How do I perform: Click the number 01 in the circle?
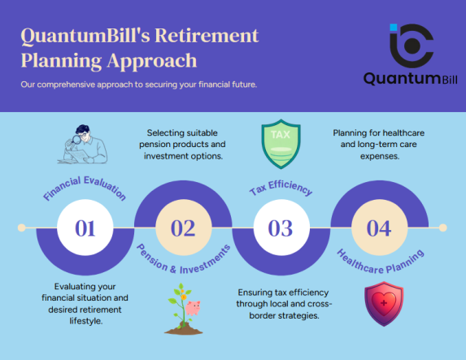point(85,228)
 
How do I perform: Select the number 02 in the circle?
point(183,228)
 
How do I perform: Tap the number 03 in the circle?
point(281,228)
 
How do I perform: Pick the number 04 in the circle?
point(378,228)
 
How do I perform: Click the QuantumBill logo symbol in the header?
point(412,46)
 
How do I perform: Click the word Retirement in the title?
point(203,36)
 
